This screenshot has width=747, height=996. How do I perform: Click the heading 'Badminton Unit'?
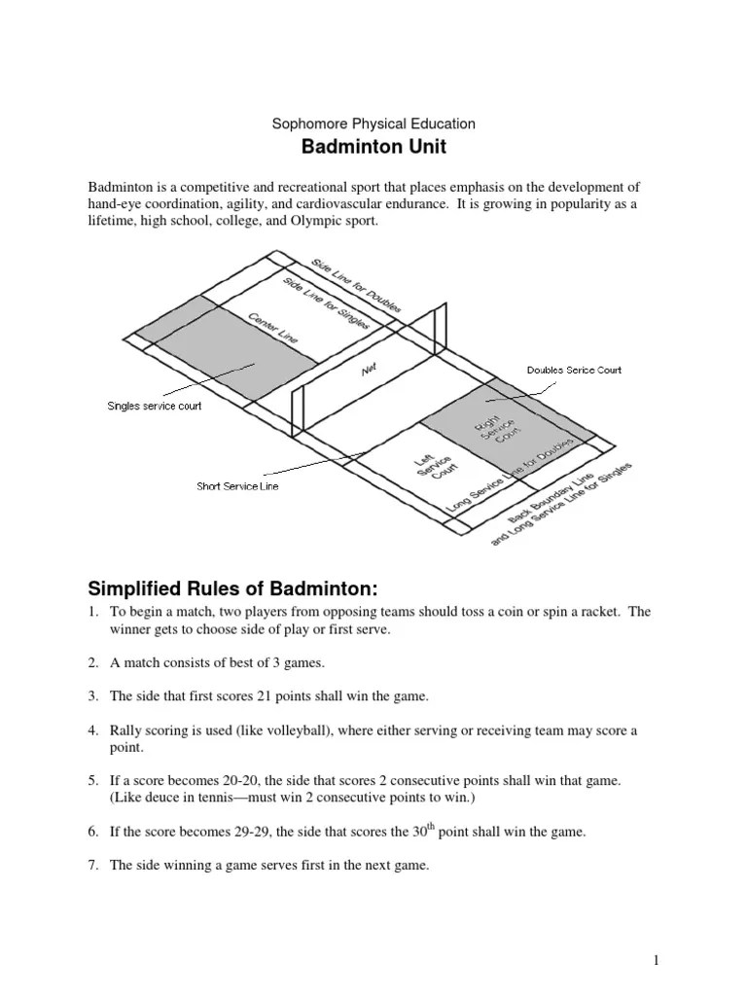click(x=373, y=148)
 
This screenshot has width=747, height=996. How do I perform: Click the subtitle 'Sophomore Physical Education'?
click(x=373, y=124)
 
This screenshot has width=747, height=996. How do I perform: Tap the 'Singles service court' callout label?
click(x=154, y=406)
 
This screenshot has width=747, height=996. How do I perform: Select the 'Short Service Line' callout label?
click(x=237, y=486)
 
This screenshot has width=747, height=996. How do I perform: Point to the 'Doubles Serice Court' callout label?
click(x=574, y=370)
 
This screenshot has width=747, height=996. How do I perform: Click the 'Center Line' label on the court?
click(x=273, y=328)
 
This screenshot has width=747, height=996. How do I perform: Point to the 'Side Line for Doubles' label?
click(x=356, y=285)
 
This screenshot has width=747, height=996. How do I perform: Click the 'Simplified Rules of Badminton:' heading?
click(x=231, y=589)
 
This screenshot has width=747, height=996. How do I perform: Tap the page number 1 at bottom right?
click(x=657, y=962)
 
